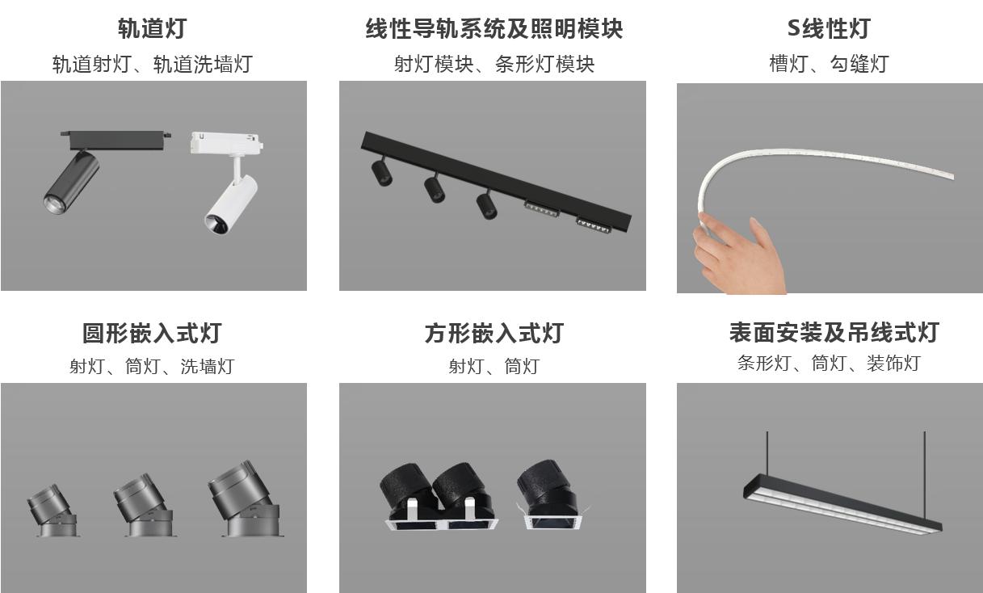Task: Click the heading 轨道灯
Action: click(152, 28)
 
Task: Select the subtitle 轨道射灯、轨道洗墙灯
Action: click(152, 64)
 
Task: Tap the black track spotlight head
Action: click(71, 182)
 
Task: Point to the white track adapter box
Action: click(225, 143)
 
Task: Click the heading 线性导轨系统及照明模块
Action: click(494, 28)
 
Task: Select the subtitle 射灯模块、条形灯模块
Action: click(494, 64)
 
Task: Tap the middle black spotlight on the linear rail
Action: click(435, 188)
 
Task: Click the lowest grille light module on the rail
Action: click(593, 224)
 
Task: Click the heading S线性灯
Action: click(829, 28)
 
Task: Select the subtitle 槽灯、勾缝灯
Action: click(829, 64)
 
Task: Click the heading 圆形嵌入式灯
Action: click(152, 333)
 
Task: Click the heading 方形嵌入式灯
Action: click(494, 333)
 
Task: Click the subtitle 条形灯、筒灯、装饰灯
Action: click(829, 364)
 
